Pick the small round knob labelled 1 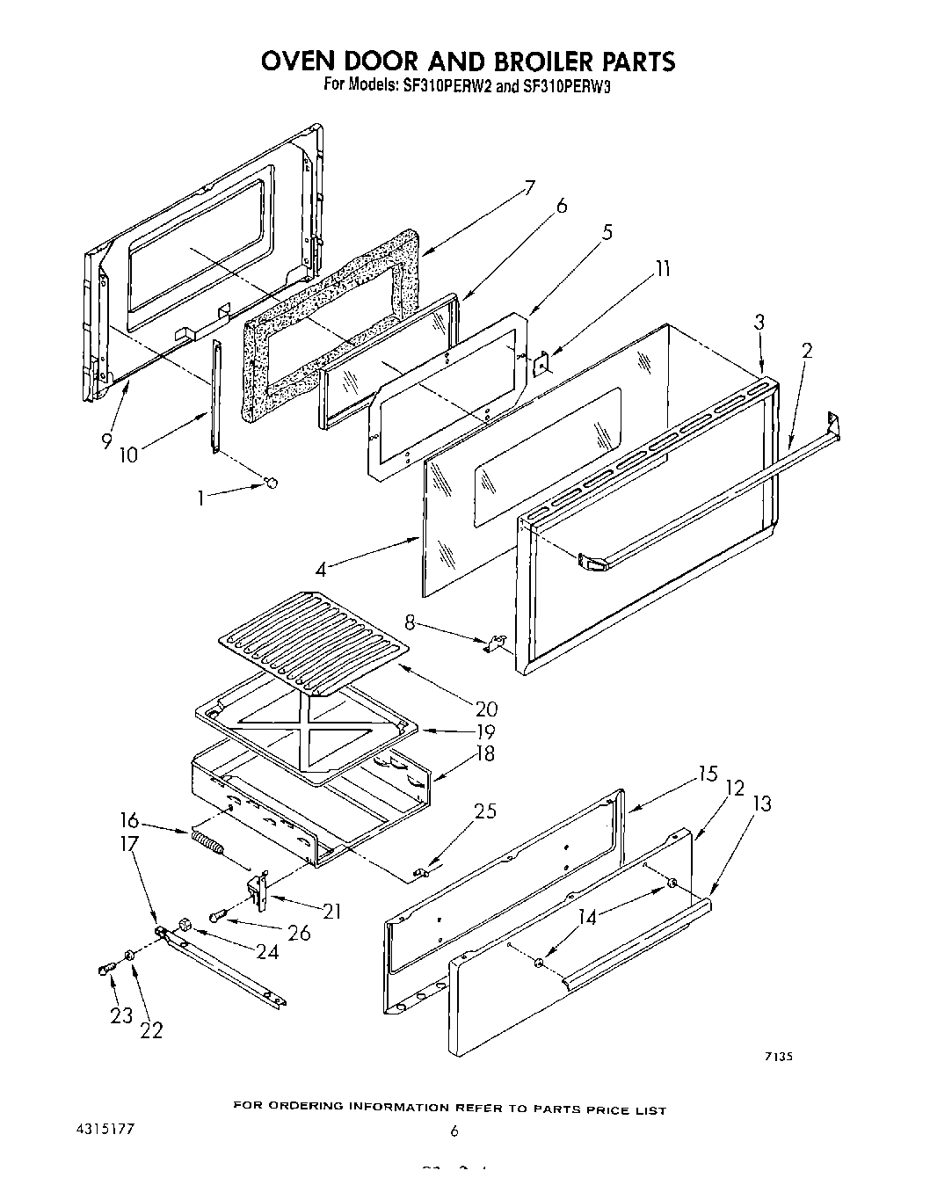pos(272,482)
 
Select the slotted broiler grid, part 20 pos(314,626)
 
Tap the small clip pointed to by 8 pos(496,644)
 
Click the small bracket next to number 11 pos(543,360)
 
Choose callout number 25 pos(484,811)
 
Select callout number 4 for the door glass pos(321,570)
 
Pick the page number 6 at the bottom pos(454,1131)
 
